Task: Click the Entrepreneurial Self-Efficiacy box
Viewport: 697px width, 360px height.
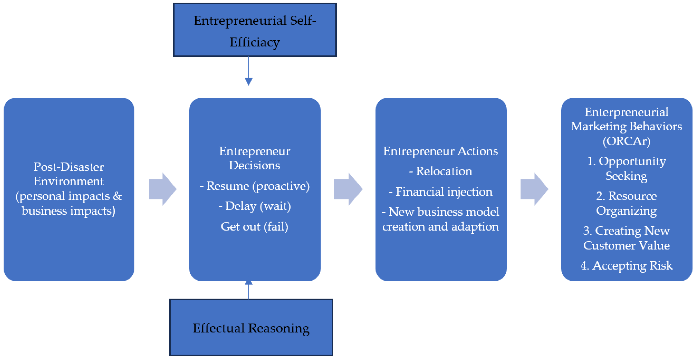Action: [255, 30]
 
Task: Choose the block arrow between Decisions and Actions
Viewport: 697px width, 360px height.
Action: [348, 189]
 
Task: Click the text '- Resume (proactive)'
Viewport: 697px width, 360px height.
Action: [254, 186]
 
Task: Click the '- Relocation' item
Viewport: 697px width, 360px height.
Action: [441, 171]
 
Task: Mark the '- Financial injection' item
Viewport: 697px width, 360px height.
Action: [441, 192]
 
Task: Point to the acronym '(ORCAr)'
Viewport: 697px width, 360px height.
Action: [626, 141]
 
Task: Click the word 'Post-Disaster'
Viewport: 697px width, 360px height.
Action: [68, 167]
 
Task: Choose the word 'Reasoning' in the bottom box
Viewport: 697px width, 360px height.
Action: [279, 328]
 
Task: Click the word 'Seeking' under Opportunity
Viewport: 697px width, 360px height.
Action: [626, 176]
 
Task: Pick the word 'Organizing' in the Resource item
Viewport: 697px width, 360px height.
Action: [626, 211]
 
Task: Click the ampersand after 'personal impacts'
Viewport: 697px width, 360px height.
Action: [117, 196]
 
